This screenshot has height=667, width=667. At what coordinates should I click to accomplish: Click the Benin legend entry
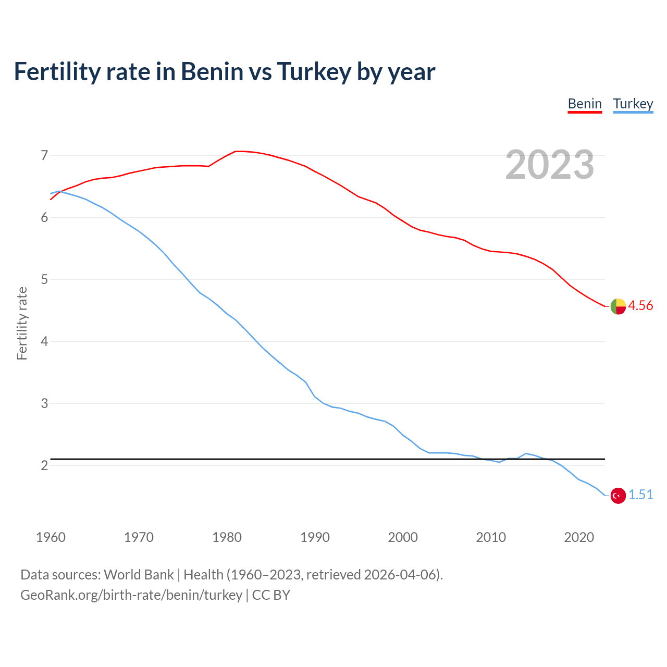[x=585, y=104]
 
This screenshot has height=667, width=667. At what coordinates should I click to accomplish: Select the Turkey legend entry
[x=633, y=104]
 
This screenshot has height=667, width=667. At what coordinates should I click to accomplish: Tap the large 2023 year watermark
[x=550, y=165]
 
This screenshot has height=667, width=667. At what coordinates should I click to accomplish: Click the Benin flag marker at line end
[x=618, y=306]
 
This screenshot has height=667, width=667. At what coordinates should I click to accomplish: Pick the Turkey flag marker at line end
[x=618, y=496]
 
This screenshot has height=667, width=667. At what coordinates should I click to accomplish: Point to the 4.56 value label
[x=640, y=306]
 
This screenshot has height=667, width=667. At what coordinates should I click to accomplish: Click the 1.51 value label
[x=640, y=495]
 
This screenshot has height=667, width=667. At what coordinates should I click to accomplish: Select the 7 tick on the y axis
[x=44, y=155]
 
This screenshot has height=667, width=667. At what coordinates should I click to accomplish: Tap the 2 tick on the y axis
[x=44, y=465]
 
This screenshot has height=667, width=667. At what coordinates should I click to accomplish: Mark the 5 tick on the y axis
[x=44, y=279]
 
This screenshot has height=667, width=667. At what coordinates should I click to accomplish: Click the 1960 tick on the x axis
[x=51, y=537]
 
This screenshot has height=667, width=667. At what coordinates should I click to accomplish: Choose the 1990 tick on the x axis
[x=315, y=537]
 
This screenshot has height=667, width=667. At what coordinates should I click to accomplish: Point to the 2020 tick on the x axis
[x=579, y=537]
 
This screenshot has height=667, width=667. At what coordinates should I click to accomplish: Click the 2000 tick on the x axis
[x=403, y=537]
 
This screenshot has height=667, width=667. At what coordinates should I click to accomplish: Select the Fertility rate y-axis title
[x=22, y=323]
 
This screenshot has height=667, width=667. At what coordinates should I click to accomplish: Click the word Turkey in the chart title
[x=314, y=72]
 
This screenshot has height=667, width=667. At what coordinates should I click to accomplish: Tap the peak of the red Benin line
[x=239, y=151]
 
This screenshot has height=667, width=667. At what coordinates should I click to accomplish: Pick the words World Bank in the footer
[x=139, y=575]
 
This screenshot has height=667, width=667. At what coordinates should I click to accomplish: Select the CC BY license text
[x=271, y=595]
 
